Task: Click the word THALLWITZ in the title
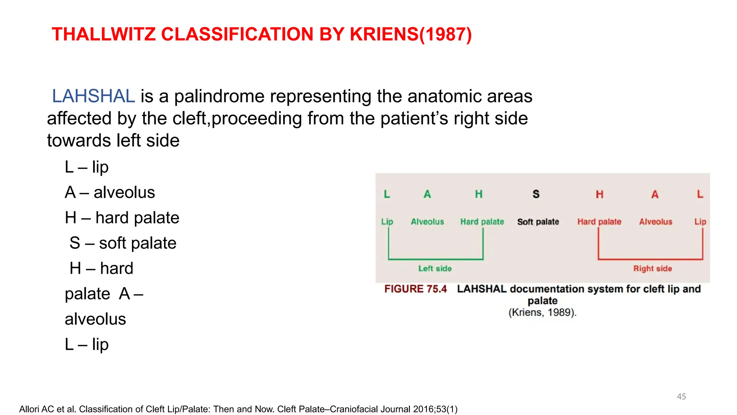coord(104,35)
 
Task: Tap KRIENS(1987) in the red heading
coord(410,35)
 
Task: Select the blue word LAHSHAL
coord(94,96)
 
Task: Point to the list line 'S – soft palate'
coord(123,243)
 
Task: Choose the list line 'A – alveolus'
coord(110,192)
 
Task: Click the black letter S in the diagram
coord(536,194)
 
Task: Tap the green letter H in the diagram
coord(478,194)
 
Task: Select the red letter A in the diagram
coord(655,195)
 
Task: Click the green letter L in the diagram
coord(387,194)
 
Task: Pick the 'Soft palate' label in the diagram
coord(538,222)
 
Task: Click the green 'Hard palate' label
coord(482,222)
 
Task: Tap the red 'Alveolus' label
coord(655,222)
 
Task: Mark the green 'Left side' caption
coord(435,268)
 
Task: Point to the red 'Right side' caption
coord(652,268)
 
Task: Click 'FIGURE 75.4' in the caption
coord(415,289)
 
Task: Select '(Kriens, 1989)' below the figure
coord(542,312)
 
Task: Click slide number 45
coord(681,396)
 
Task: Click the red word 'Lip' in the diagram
coord(700,222)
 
